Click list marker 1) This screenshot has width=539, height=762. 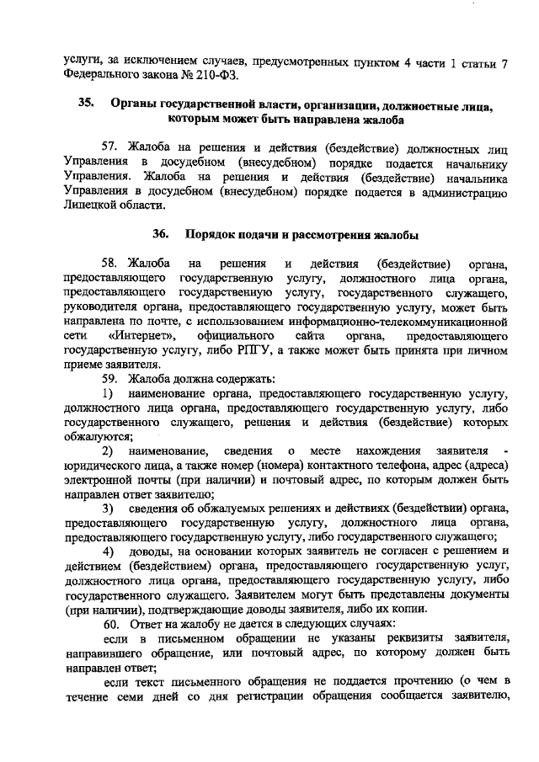coord(108,392)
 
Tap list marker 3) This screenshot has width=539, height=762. coord(108,509)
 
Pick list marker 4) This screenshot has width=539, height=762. coord(108,551)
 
